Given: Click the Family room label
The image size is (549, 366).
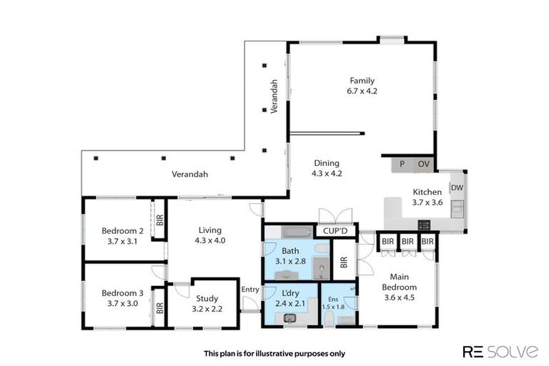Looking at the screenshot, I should pos(362,81).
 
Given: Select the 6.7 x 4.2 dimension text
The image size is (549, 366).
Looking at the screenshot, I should pos(362,91).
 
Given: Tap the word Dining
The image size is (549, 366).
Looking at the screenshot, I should pos(325,163).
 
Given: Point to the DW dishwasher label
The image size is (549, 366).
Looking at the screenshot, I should pos(457,188).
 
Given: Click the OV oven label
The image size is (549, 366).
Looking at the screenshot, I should pos(423,164).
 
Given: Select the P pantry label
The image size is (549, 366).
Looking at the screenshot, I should pos(402,164).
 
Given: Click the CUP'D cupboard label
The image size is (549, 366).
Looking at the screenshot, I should pos(335,231).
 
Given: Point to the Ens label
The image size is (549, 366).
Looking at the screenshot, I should pos(333,299).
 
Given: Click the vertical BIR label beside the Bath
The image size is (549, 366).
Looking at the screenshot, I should pos(345,262).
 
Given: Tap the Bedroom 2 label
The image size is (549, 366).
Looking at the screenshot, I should pos(123,231).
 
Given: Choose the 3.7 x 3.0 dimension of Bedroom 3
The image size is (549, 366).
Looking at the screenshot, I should pos(123,303).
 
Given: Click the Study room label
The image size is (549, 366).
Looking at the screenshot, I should pos(207,299).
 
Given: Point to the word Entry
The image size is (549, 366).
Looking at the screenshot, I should pos(250,289).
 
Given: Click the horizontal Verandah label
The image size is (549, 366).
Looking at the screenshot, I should pos(189,174).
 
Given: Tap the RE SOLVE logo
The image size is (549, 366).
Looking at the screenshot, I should pos(500,351).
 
